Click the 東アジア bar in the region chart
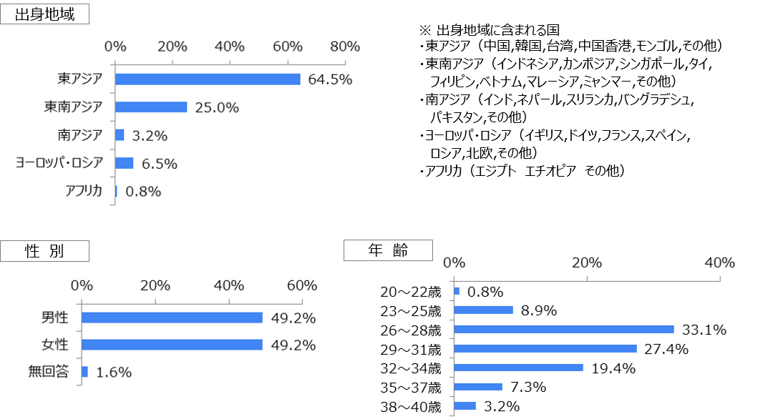(x=208, y=79)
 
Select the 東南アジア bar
(x=151, y=107)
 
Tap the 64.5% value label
(x=330, y=79)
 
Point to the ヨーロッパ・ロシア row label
(x=60, y=163)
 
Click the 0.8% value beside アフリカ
(x=143, y=191)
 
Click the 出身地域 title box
(x=44, y=14)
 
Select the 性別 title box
(x=44, y=251)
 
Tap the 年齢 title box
(x=388, y=250)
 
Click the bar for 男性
(x=172, y=318)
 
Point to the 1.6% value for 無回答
(x=114, y=372)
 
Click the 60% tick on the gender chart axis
(x=301, y=285)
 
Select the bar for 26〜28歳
(x=564, y=330)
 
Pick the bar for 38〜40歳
(x=465, y=406)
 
